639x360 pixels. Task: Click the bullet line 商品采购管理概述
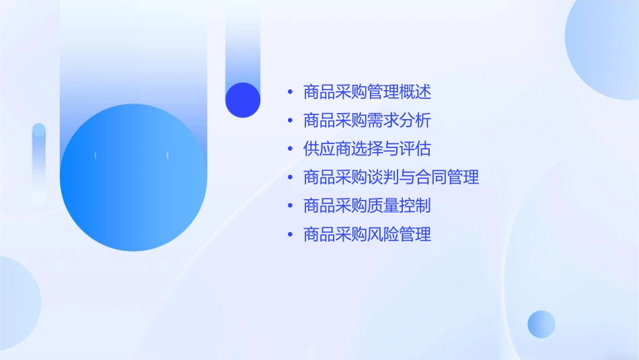click(x=367, y=92)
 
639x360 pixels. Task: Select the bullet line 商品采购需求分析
click(x=367, y=120)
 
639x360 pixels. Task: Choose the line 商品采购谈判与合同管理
click(x=391, y=178)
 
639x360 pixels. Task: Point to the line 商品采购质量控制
click(x=367, y=206)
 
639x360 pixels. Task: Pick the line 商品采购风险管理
click(x=367, y=235)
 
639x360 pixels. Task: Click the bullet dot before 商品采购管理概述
click(x=289, y=92)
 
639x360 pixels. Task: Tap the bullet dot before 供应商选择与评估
click(x=289, y=149)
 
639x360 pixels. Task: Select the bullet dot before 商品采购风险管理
click(x=289, y=235)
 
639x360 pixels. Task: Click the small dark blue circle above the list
click(x=243, y=100)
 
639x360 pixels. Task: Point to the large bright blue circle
click(x=133, y=178)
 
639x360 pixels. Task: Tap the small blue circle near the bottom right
click(x=541, y=324)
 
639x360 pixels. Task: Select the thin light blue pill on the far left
click(x=39, y=161)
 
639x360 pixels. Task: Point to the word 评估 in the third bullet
click(x=415, y=149)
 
